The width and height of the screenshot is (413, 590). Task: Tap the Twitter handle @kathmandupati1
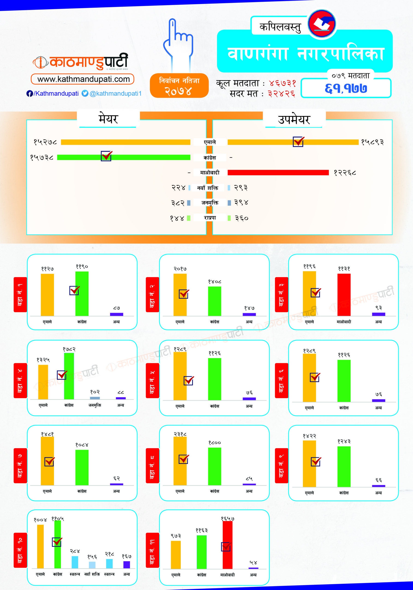coord(115,94)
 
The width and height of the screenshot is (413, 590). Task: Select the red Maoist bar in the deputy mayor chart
coord(278,172)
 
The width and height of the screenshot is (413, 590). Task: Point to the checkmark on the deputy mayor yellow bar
coord(298,142)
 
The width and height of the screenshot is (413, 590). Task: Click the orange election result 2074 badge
coord(179,86)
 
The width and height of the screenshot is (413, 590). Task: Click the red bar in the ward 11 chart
coord(227,545)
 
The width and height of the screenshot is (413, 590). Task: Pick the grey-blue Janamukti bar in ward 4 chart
coord(95,398)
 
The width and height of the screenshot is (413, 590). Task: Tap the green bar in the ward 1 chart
coord(82,293)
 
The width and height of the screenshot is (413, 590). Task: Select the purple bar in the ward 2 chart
coord(249,314)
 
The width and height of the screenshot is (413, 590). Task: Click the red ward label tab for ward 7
coord(20,466)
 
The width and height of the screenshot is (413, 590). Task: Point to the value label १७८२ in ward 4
coord(69,349)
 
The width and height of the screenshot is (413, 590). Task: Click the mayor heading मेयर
coord(108,119)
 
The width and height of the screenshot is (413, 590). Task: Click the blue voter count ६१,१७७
coord(346,89)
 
